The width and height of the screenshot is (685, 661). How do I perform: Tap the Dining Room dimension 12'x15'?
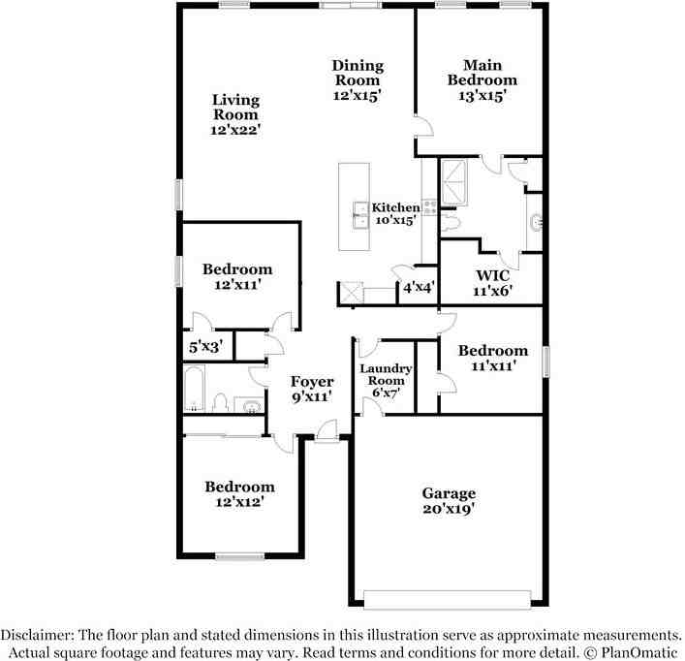[358, 95]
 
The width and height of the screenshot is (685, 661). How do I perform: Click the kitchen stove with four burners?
[429, 206]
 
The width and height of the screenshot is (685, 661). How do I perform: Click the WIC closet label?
[492, 274]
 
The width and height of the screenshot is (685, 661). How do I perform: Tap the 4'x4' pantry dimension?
[419, 287]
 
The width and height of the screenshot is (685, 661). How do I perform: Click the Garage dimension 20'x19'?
[449, 508]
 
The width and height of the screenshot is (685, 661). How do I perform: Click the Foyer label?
[312, 382]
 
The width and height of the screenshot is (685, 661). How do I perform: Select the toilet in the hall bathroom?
[221, 402]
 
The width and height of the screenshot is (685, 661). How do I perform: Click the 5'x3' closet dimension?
[205, 345]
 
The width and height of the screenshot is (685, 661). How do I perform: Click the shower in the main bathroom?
[454, 180]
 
